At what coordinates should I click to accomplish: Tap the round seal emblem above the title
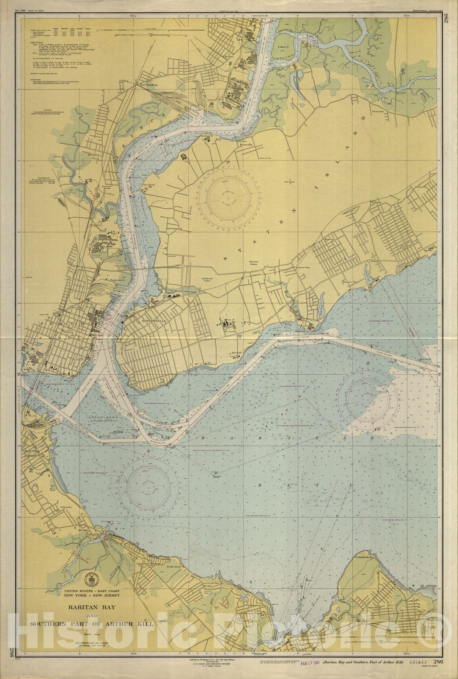91,578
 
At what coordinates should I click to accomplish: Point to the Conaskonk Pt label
364,556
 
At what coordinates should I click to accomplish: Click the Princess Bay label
302,268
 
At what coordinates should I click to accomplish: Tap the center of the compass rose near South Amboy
148,484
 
